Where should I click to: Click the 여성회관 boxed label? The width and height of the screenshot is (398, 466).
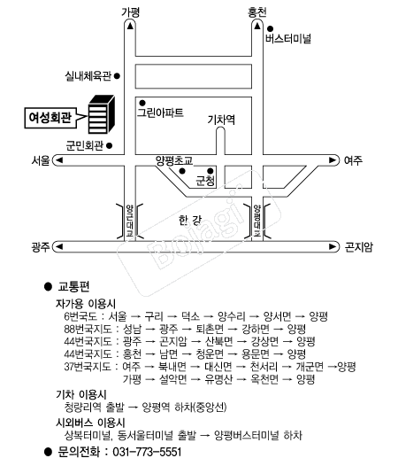coord(50,118)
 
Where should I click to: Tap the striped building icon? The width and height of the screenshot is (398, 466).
coord(102,114)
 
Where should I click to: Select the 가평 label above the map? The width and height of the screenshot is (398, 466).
coord(130,12)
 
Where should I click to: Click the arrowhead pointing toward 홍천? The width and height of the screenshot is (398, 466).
coord(257,27)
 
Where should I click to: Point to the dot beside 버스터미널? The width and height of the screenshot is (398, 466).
coord(270,29)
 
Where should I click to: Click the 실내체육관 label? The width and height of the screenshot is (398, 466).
coord(88,76)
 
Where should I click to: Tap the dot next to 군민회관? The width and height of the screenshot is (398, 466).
coord(109,145)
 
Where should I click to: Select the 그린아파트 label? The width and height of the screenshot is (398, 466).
coord(160,113)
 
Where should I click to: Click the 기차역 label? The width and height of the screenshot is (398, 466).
coord(221,120)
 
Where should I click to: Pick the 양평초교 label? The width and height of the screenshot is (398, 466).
coord(174,160)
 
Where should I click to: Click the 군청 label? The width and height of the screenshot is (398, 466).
coord(205,181)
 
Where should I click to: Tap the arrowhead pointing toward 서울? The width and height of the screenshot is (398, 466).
coord(59,160)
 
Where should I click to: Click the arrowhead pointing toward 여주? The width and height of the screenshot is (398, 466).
coord(333,160)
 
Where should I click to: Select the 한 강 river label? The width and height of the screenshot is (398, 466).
coord(190,221)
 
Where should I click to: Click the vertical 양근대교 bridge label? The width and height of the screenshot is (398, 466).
coord(130,221)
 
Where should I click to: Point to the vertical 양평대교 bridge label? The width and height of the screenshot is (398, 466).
coord(257,221)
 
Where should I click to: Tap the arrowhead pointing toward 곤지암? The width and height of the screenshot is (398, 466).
coord(333,246)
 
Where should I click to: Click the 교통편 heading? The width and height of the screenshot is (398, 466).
coord(73,286)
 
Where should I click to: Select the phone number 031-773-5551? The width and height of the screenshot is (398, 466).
coord(147,452)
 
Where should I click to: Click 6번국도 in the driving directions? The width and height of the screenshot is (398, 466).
coord(80,316)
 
